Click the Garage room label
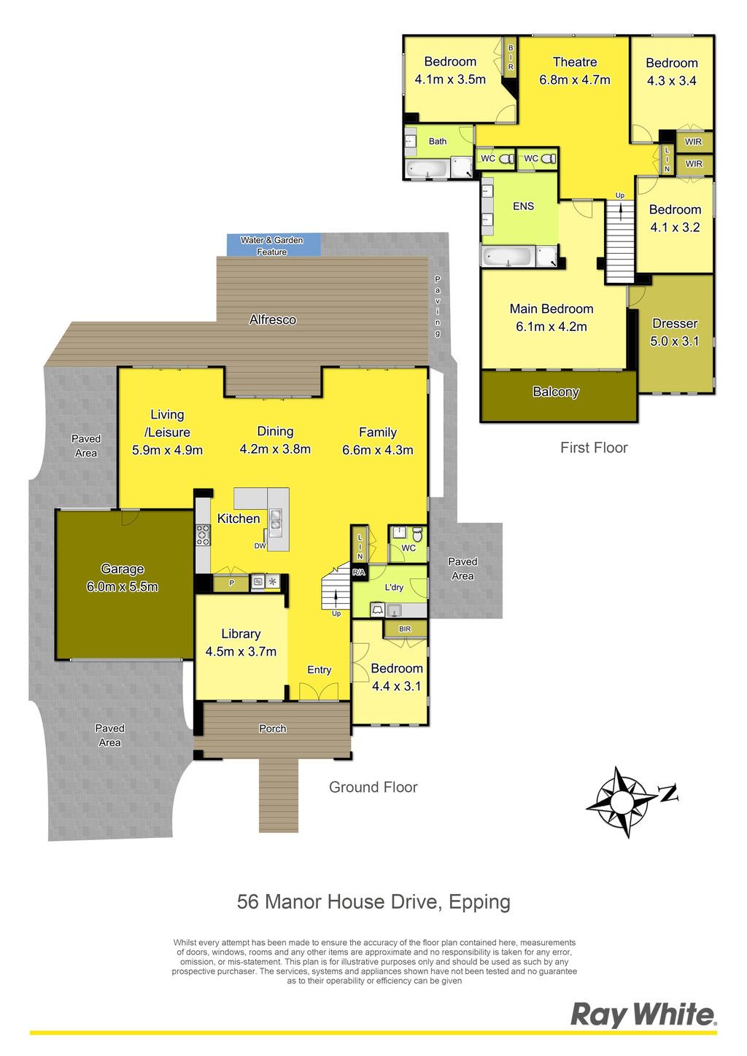122,569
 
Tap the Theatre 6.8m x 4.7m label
574,71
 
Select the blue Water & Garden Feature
274,245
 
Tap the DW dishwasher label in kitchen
260,546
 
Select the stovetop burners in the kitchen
204,535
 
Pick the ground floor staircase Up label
336,613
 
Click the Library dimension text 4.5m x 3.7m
241,651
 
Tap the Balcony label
556,392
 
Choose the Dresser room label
675,323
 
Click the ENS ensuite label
524,206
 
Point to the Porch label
273,729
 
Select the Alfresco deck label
273,319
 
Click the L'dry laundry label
394,587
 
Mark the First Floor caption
594,447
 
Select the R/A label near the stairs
359,572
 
